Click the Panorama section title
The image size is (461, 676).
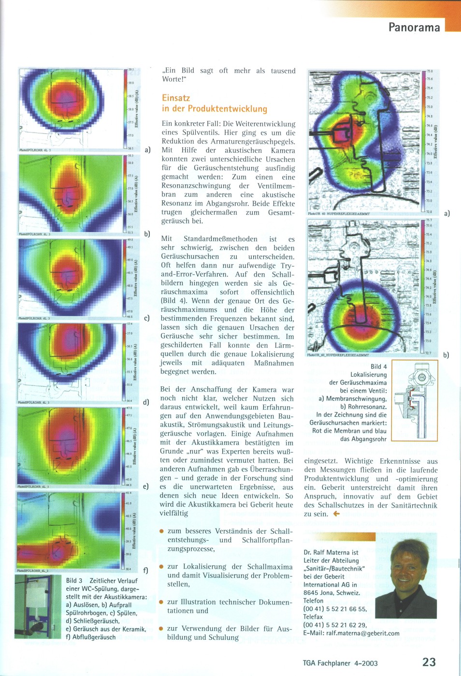pos(414,27)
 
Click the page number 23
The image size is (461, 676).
pos(429,662)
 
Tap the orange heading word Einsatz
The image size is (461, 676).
pos(176,98)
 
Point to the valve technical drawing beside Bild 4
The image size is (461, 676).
pos(415,400)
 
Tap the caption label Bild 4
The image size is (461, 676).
pos(378,367)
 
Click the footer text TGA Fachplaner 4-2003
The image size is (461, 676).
pos(340,663)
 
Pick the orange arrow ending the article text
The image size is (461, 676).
pos(336,514)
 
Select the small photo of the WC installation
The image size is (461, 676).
pos(38,606)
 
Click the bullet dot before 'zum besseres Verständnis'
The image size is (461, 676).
pos(162,531)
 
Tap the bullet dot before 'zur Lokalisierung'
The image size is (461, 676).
pos(162,566)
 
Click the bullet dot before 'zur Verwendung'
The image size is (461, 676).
pos(162,628)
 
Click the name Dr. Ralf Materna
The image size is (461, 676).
pos(324,552)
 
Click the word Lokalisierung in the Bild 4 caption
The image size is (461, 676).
pos(368,375)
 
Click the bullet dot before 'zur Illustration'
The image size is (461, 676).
pos(162,602)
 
